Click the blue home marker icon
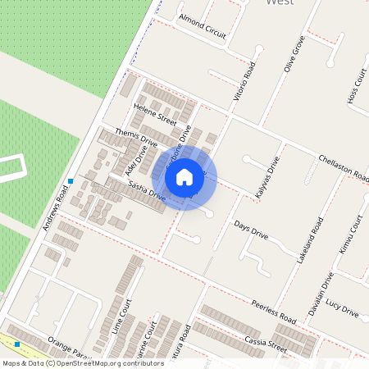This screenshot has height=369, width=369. pyautogui.click(x=184, y=176)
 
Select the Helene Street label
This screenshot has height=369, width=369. pyautogui.click(x=156, y=116)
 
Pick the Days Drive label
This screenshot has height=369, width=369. pyautogui.click(x=251, y=230)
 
